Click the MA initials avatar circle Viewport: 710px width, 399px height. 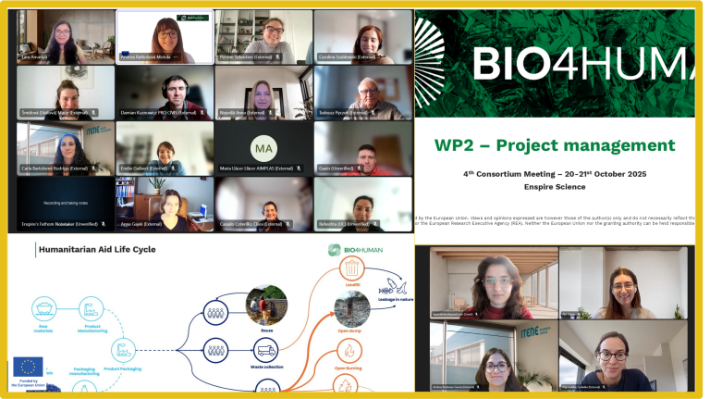tap(263, 147)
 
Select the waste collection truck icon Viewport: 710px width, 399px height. tap(266, 351)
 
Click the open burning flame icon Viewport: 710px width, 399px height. tap(350, 351)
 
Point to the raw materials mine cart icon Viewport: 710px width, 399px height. tap(43, 307)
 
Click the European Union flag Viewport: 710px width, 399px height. tap(28, 366)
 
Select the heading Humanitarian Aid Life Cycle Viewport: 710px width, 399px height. tap(96, 249)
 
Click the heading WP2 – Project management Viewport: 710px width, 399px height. tap(555, 144)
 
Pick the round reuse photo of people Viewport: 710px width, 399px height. tap(266, 303)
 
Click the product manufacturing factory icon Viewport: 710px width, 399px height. tap(92, 307)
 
